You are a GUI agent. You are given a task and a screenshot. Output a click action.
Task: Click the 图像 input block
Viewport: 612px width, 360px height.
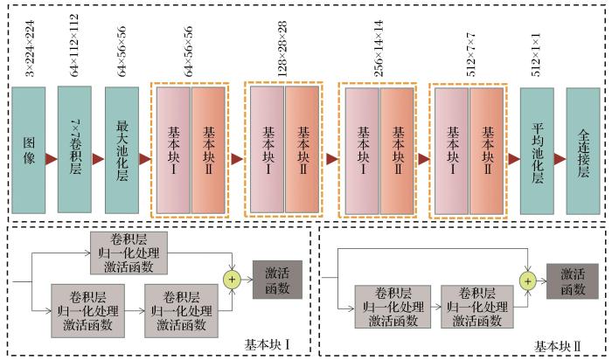[28, 149]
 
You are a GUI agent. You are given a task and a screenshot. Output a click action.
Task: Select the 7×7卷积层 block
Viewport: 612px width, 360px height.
[75, 149]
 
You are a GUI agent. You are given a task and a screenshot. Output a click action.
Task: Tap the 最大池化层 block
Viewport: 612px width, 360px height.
[122, 149]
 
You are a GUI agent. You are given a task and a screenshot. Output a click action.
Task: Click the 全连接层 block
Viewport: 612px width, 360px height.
[583, 149]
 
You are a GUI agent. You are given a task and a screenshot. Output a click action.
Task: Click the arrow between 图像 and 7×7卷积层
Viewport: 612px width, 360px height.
[52, 160]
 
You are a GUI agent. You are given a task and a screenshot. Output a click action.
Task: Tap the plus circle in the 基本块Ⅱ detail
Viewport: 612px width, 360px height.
[527, 280]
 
